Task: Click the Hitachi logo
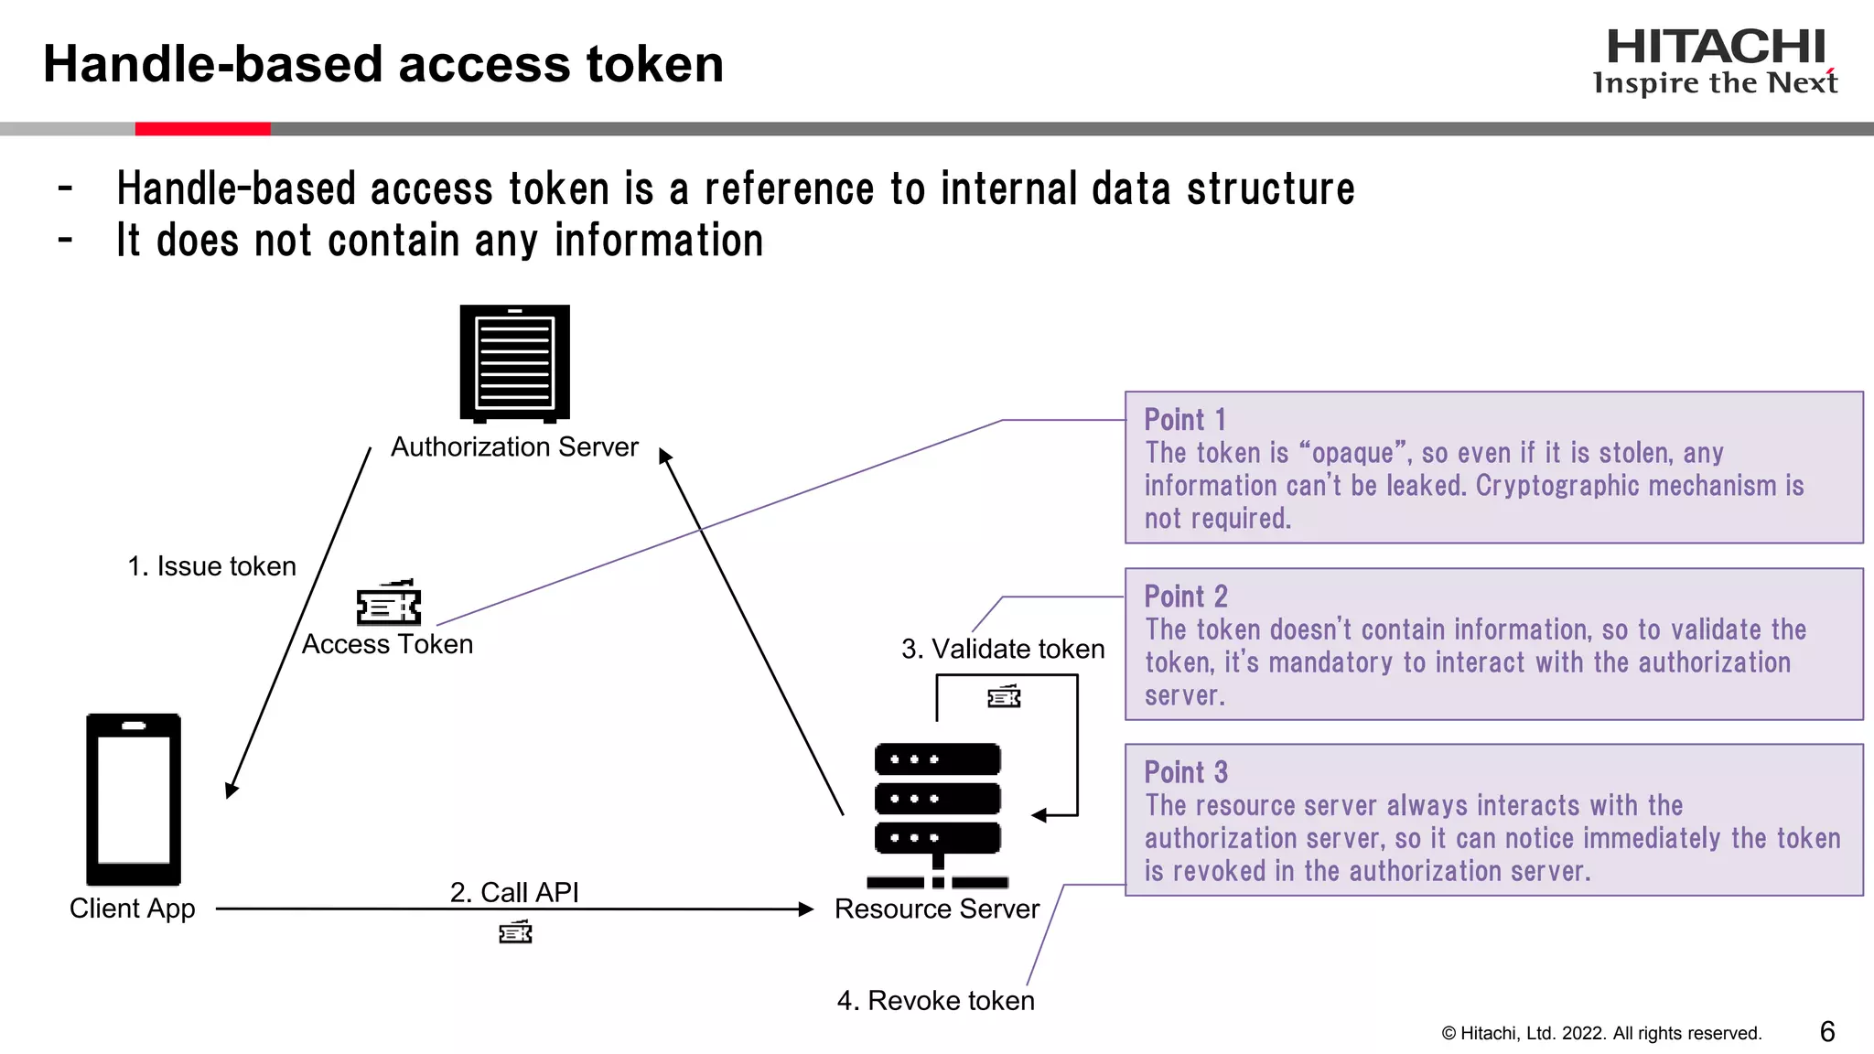pyautogui.click(x=1715, y=60)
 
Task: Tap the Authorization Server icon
pyautogui.click(x=514, y=363)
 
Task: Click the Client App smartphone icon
pyautogui.click(x=134, y=799)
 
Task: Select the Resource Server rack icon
pyautogui.click(x=937, y=814)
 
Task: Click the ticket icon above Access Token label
pyautogui.click(x=389, y=603)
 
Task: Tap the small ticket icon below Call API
pyautogui.click(x=515, y=932)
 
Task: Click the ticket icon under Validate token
pyautogui.click(x=1004, y=697)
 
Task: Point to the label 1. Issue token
pyautogui.click(x=211, y=566)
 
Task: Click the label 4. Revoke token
pyautogui.click(x=935, y=1000)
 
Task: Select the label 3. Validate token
pyautogui.click(x=1003, y=649)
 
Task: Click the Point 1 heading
pyautogui.click(x=1184, y=420)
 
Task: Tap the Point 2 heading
pyautogui.click(x=1185, y=597)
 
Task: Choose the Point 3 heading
pyautogui.click(x=1185, y=772)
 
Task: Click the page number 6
pyautogui.click(x=1827, y=1032)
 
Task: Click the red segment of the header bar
pyautogui.click(x=202, y=129)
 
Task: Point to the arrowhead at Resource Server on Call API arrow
pyautogui.click(x=806, y=909)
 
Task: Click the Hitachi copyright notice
pyautogui.click(x=1601, y=1033)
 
